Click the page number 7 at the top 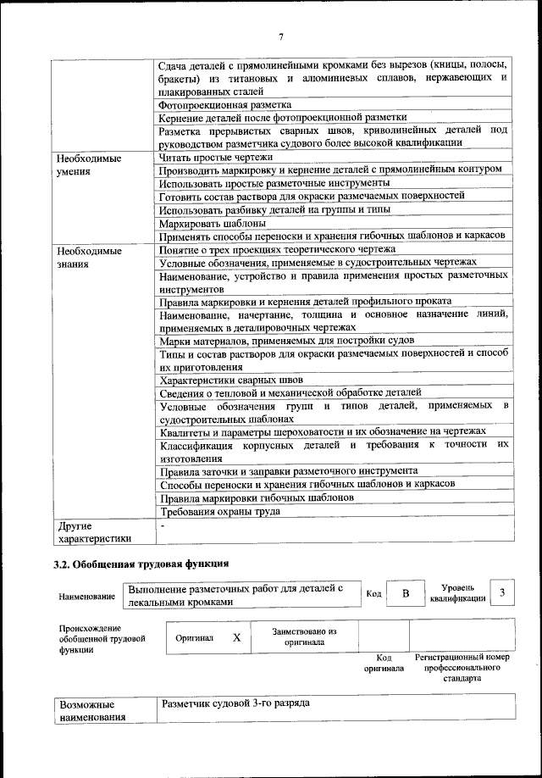click(x=279, y=36)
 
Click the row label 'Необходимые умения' click(x=88, y=164)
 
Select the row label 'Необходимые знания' click(x=88, y=258)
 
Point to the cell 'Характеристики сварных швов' click(x=231, y=381)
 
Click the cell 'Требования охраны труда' click(x=231, y=511)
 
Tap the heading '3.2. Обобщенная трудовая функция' click(x=141, y=563)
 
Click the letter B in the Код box click(x=406, y=594)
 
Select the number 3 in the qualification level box click(x=502, y=593)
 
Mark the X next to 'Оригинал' click(x=237, y=637)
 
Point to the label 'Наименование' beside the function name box click(x=87, y=597)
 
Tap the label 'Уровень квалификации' click(x=457, y=593)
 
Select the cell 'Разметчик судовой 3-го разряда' click(x=235, y=704)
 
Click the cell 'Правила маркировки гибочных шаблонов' click(x=257, y=497)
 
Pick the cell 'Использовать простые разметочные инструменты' click(x=274, y=182)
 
